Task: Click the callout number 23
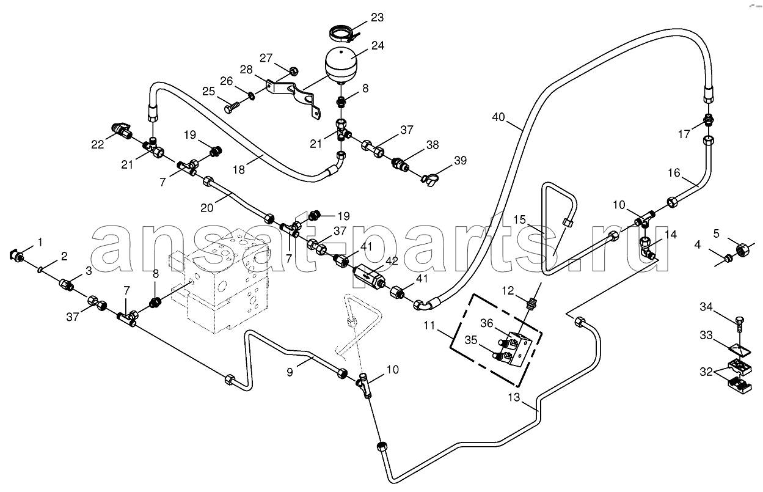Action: tap(377, 17)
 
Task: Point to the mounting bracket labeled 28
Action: tap(293, 98)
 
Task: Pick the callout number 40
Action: tap(498, 117)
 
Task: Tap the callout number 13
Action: tap(514, 397)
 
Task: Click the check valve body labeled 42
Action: tap(370, 276)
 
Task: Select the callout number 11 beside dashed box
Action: tap(429, 326)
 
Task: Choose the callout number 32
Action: tap(706, 372)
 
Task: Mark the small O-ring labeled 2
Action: tap(41, 270)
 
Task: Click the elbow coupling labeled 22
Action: tap(122, 131)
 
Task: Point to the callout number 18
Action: tap(239, 170)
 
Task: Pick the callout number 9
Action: tap(290, 372)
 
